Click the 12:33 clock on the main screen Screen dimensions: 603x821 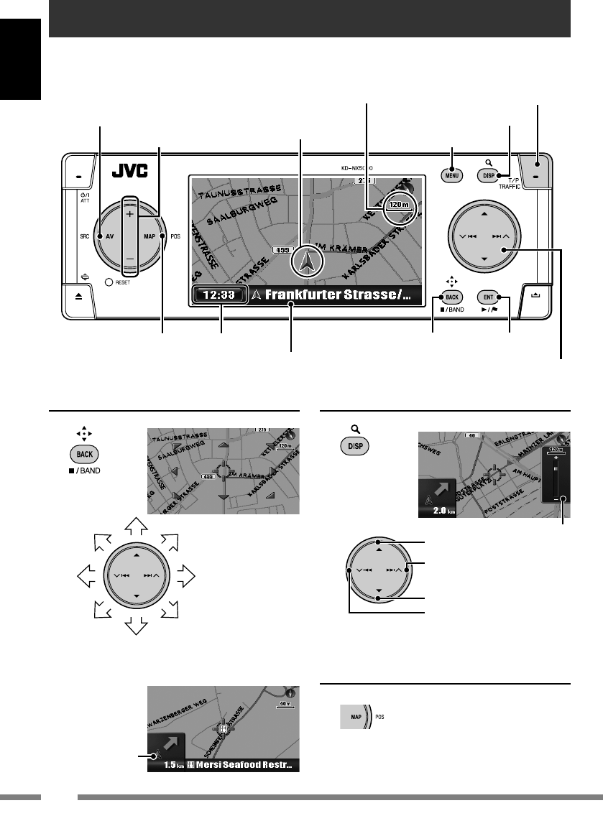(x=220, y=294)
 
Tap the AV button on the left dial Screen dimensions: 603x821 (x=111, y=236)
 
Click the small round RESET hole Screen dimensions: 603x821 (x=109, y=282)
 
